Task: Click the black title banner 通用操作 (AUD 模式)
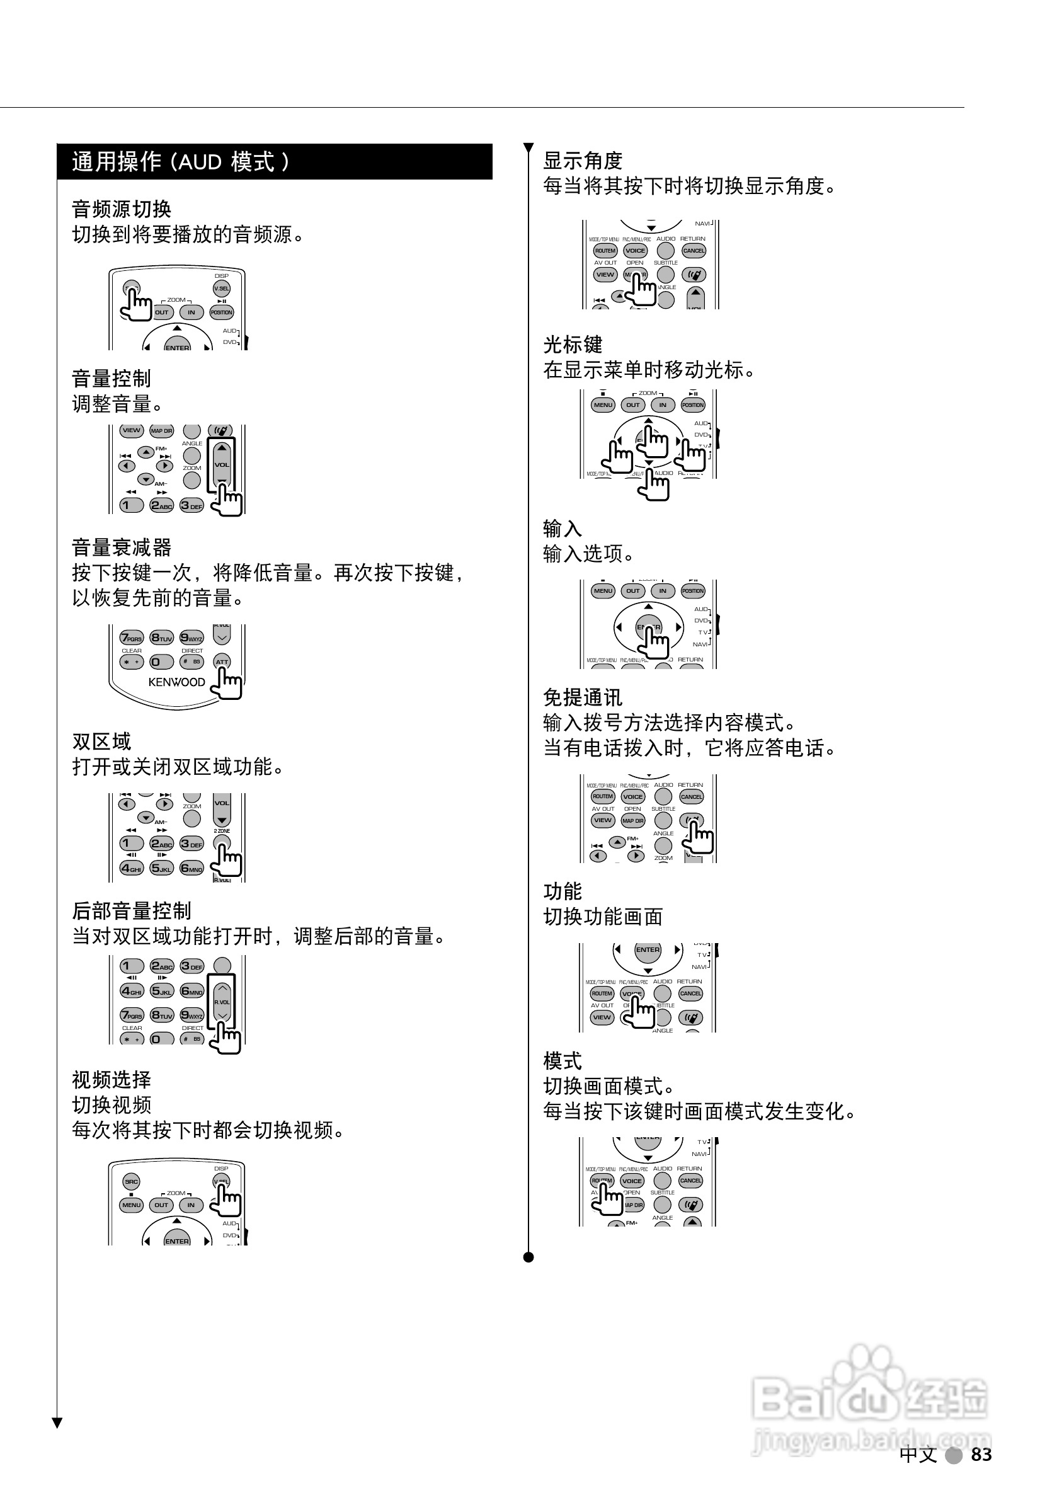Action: pyautogui.click(x=275, y=161)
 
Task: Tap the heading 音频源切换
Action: pyautogui.click(x=122, y=209)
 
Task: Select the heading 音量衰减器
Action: pyautogui.click(x=122, y=547)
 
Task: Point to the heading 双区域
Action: pyautogui.click(x=102, y=741)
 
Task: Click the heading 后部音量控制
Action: pyautogui.click(x=131, y=911)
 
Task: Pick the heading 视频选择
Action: pyautogui.click(x=111, y=1080)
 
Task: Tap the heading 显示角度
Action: pyautogui.click(x=583, y=161)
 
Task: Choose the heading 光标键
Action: pyautogui.click(x=573, y=345)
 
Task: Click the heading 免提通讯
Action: pyautogui.click(x=583, y=697)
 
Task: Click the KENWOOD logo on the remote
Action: pyautogui.click(x=176, y=682)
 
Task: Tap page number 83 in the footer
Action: pyautogui.click(x=981, y=1454)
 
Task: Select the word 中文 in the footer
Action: pyautogui.click(x=918, y=1454)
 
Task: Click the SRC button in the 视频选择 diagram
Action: pyautogui.click(x=131, y=1181)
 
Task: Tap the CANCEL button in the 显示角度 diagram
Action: pyautogui.click(x=694, y=251)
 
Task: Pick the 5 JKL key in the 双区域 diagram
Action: pyautogui.click(x=161, y=868)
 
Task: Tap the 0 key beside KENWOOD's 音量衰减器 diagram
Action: pyautogui.click(x=161, y=662)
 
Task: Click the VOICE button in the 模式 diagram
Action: pyautogui.click(x=632, y=1181)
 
